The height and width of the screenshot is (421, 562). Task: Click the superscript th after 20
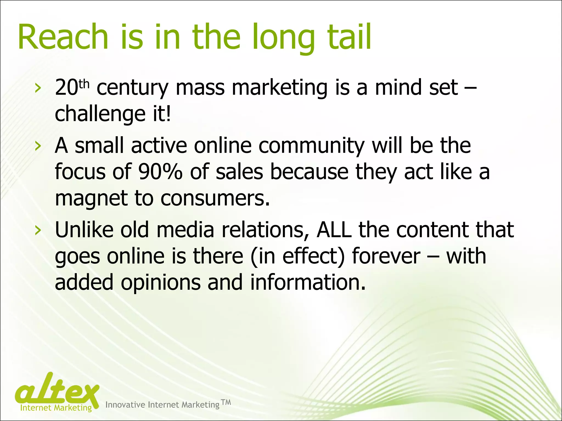click(84, 84)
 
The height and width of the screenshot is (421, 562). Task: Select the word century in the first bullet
click(132, 88)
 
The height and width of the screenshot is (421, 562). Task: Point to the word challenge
click(100, 114)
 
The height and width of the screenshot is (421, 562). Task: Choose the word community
click(312, 146)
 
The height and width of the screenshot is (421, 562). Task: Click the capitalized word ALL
click(334, 230)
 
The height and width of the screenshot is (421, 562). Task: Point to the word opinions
click(161, 282)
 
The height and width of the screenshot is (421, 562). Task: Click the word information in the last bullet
click(308, 282)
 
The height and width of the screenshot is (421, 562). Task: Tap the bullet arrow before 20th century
click(38, 88)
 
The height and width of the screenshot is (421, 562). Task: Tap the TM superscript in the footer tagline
click(226, 402)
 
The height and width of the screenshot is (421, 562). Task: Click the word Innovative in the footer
click(125, 405)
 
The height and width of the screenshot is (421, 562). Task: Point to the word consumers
click(215, 198)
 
